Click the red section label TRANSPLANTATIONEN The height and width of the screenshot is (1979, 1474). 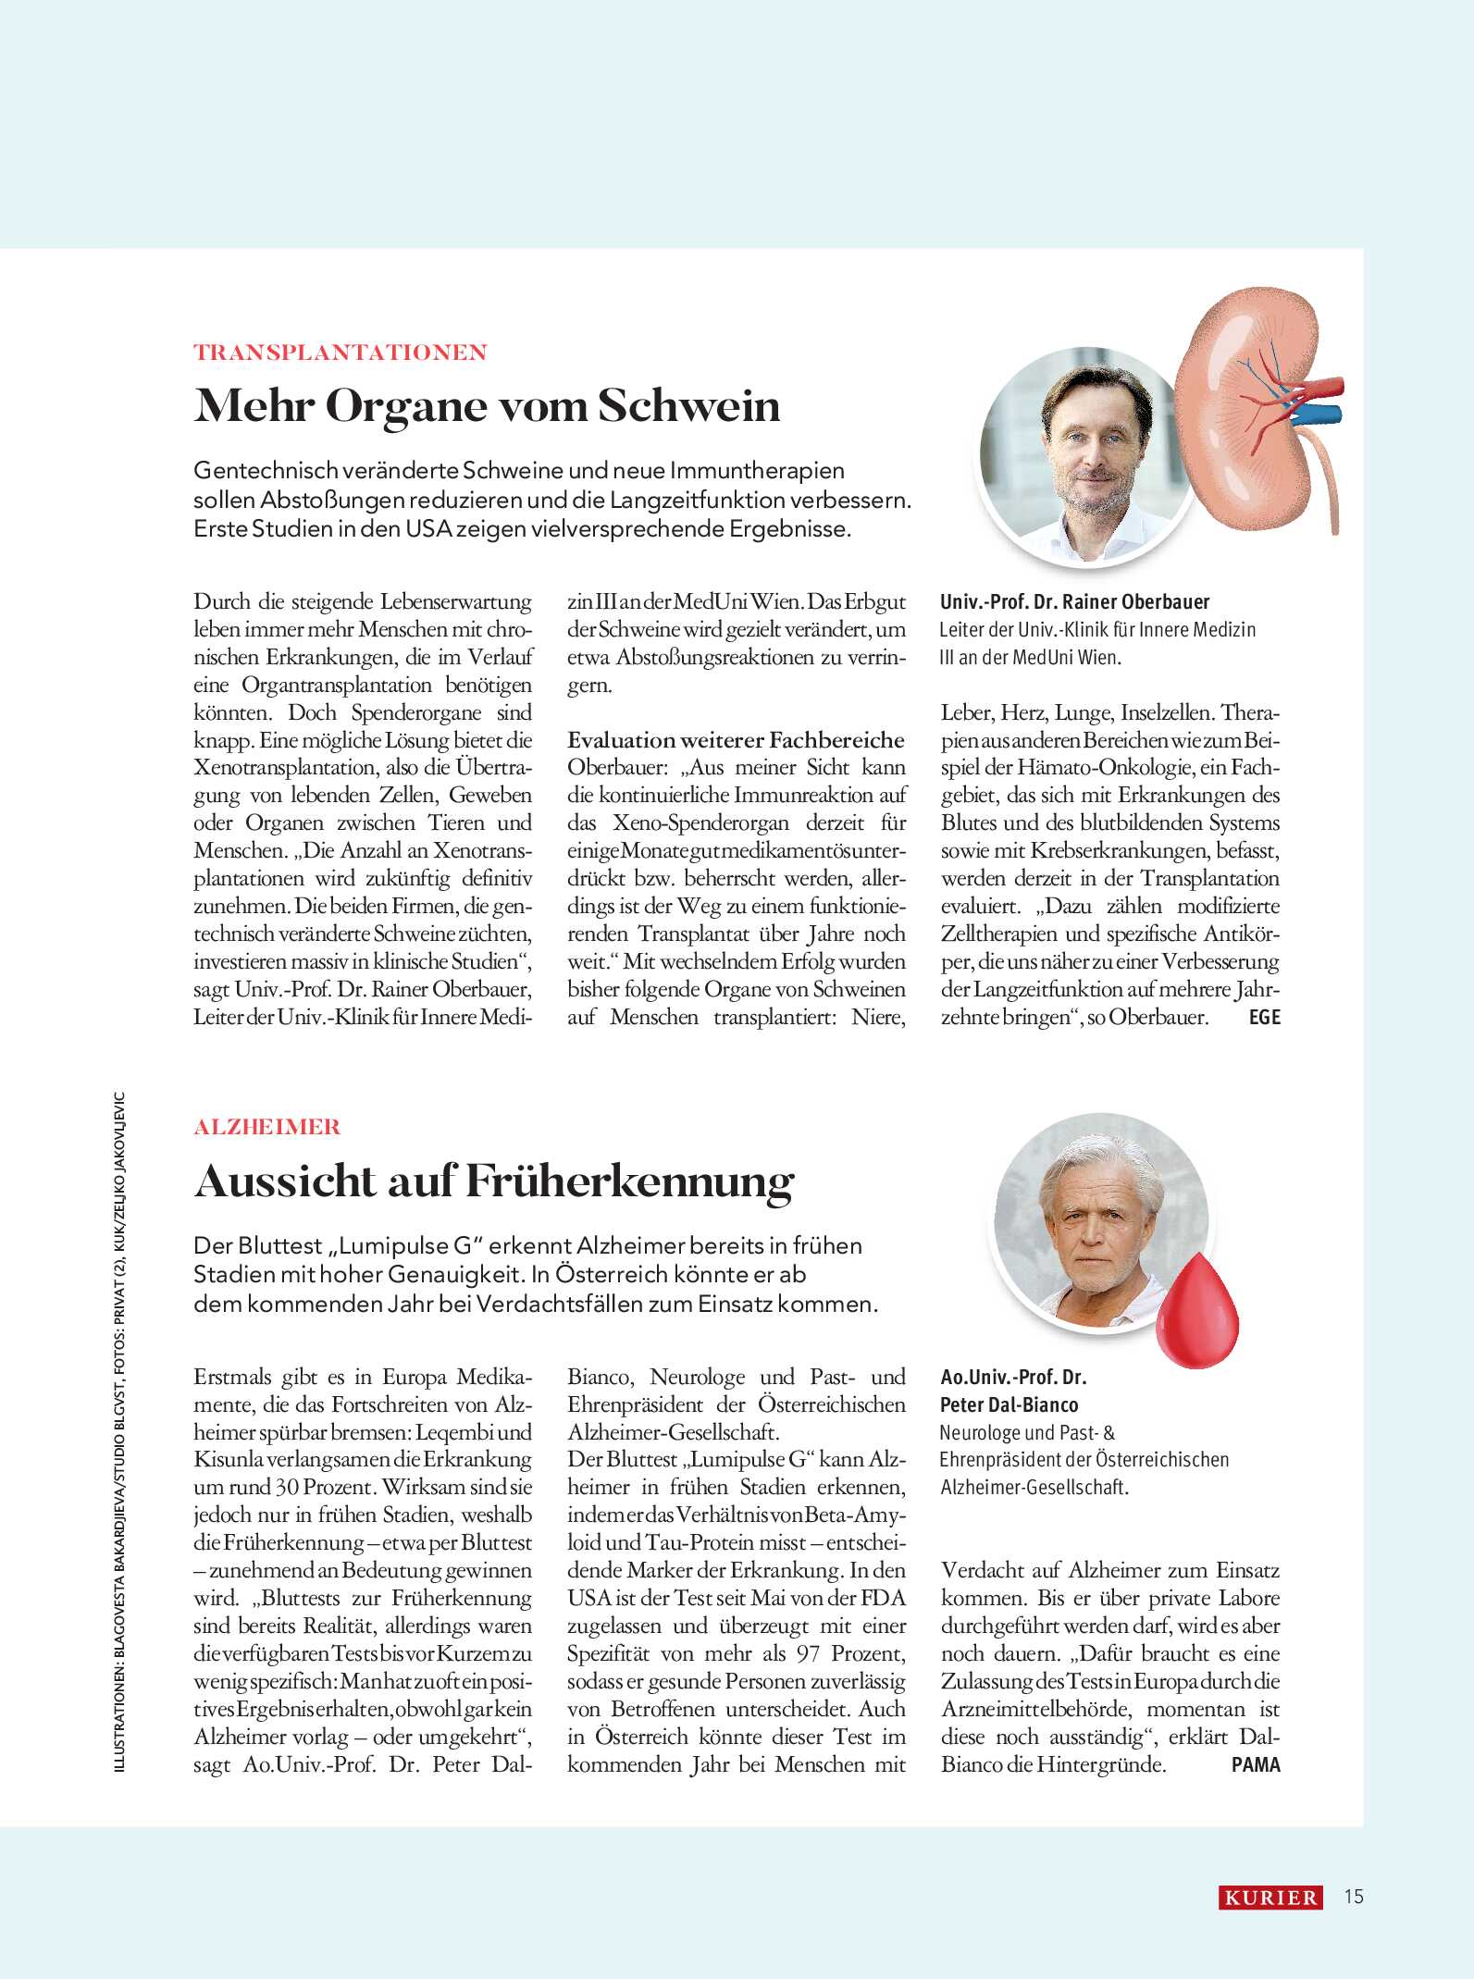pyautogui.click(x=340, y=353)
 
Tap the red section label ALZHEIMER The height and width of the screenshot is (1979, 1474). pyautogui.click(x=267, y=1127)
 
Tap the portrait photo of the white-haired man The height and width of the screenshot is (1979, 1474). pyautogui.click(x=1101, y=1221)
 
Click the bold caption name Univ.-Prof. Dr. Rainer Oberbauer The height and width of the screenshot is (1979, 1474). pyautogui.click(x=1074, y=602)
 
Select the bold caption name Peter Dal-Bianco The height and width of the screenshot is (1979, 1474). pyautogui.click(x=1009, y=1404)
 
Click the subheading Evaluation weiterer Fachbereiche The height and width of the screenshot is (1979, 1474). pyautogui.click(x=736, y=740)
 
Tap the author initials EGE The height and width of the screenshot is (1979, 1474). pyautogui.click(x=1264, y=1018)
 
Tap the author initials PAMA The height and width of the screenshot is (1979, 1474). pyautogui.click(x=1256, y=1764)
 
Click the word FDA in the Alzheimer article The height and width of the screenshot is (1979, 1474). pyautogui.click(x=883, y=1598)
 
